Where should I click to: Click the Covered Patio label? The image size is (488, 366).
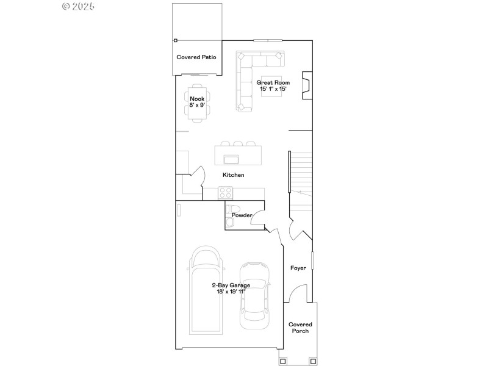196,57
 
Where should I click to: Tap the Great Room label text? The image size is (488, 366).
273,82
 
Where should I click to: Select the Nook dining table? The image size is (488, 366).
197,101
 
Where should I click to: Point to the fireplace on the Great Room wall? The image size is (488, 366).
308,84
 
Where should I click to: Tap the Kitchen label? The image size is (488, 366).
233,175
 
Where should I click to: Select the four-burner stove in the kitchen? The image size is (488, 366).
226,193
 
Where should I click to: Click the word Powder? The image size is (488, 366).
242,215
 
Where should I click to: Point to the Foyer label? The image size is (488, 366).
298,268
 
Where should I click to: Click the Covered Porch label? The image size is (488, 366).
300,328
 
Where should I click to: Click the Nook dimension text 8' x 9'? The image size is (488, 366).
197,105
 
